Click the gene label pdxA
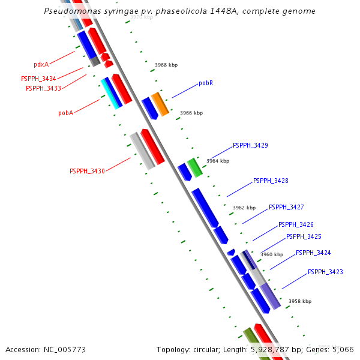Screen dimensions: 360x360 pos(41,64)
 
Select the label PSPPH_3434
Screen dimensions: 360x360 pos(38,79)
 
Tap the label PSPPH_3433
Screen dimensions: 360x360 pos(43,88)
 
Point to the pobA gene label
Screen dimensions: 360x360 pos(65,113)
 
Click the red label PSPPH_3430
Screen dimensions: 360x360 pos(87,171)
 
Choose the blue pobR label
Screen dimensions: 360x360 pos(206,83)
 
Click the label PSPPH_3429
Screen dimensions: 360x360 pos(250,146)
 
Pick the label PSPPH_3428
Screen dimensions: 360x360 pos(271,181)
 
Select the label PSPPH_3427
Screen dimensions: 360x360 pos(286,207)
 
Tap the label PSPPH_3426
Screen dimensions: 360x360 pos(296,224)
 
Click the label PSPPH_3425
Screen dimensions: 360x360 pos(304,236)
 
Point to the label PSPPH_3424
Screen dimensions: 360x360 pos(313,253)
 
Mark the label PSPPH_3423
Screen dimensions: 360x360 pos(325,272)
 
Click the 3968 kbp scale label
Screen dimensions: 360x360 pos(166,65)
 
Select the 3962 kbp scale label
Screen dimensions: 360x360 pos(244,208)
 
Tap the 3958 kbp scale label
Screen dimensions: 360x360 pos(300,301)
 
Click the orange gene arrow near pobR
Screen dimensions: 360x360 pos(160,104)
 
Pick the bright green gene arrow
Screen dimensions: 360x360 pos(194,167)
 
